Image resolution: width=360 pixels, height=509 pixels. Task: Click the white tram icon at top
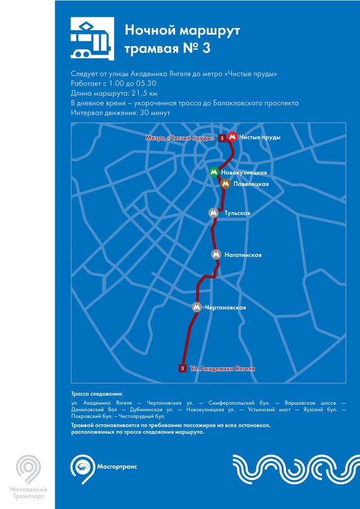coord(92,38)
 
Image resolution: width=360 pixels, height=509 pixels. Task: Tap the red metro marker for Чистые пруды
coord(232,138)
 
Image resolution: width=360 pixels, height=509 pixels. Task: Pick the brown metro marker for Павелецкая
coord(225,183)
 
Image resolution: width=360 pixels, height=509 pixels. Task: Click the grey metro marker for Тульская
coord(214,213)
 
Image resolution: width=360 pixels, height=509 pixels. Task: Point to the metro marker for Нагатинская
coord(216,254)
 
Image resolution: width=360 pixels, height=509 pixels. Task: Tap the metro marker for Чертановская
coord(197,307)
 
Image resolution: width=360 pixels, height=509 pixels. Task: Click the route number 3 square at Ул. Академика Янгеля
coord(182,368)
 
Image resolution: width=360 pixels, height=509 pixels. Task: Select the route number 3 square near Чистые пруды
coord(222,138)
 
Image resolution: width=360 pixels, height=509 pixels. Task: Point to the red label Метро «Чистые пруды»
coord(180,138)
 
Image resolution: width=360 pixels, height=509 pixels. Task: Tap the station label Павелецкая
coord(251,184)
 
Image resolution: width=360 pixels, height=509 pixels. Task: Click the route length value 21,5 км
coord(143,93)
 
